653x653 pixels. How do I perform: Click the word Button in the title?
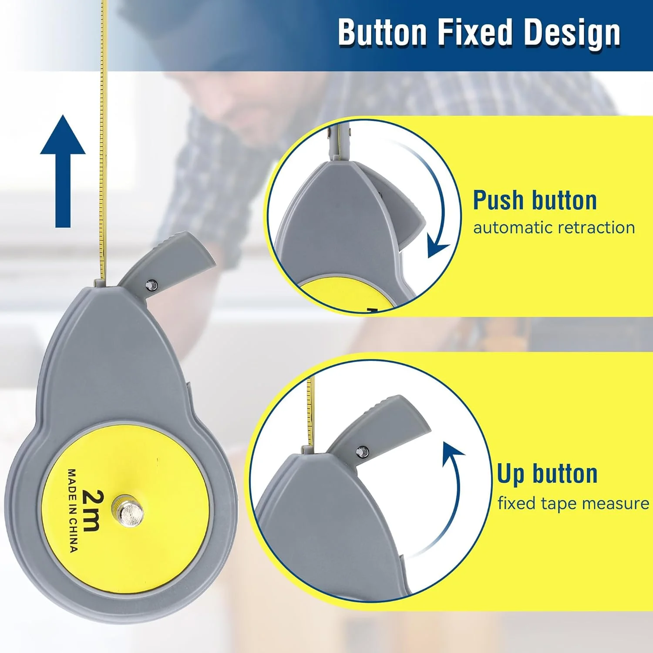pyautogui.click(x=382, y=32)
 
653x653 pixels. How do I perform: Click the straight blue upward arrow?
pyautogui.click(x=63, y=171)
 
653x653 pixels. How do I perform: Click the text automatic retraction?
pyautogui.click(x=554, y=228)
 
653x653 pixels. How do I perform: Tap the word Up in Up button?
pyautogui.click(x=511, y=474)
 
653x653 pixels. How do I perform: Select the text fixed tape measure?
pyautogui.click(x=573, y=503)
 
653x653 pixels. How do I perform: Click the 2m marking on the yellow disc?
pyautogui.click(x=92, y=510)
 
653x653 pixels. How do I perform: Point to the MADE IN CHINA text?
pyautogui.click(x=73, y=510)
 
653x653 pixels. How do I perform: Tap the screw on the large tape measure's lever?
pyautogui.click(x=151, y=285)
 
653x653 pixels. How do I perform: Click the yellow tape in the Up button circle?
pyautogui.click(x=310, y=411)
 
